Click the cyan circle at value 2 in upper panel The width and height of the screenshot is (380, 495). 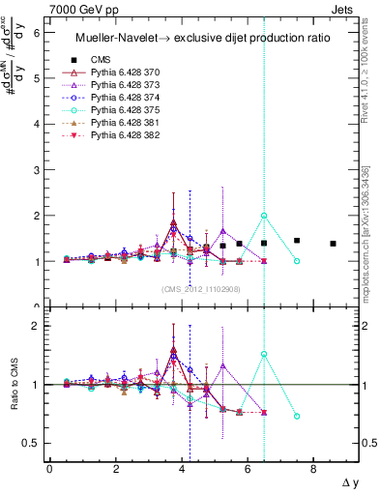click(264, 216)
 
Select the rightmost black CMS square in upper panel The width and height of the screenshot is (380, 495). click(333, 244)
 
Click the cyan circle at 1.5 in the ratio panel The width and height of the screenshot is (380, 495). click(264, 354)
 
